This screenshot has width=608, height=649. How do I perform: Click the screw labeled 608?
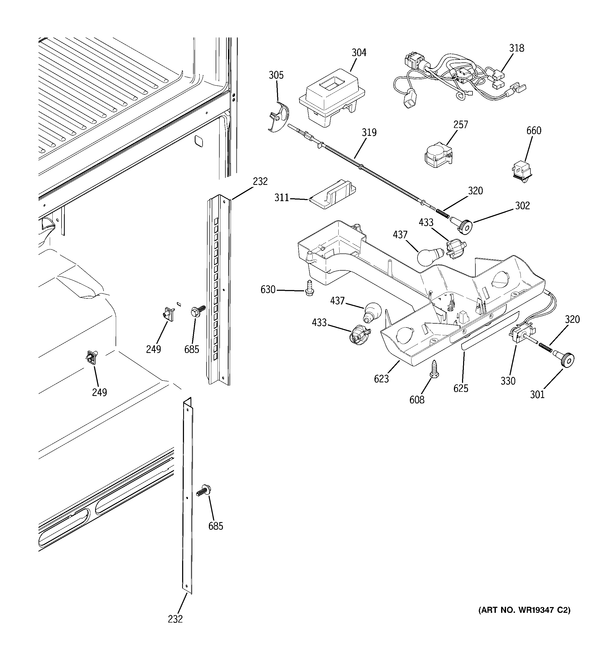point(435,369)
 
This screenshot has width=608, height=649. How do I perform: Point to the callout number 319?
point(369,132)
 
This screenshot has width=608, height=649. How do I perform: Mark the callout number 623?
point(381,379)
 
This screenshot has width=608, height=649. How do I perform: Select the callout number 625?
point(460,388)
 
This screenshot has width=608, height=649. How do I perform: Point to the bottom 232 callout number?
point(175,619)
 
